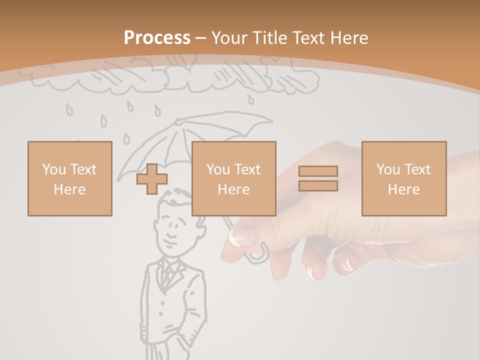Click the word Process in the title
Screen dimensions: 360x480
[157, 38]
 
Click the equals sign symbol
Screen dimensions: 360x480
[318, 178]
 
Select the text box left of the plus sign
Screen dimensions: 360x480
[69, 178]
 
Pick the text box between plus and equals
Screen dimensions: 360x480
[233, 178]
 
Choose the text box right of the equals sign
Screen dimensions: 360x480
[403, 178]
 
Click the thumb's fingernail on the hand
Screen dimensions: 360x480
[242, 235]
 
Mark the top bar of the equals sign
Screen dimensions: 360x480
[318, 171]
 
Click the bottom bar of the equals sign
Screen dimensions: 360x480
[318, 185]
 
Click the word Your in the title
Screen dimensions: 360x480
[228, 38]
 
